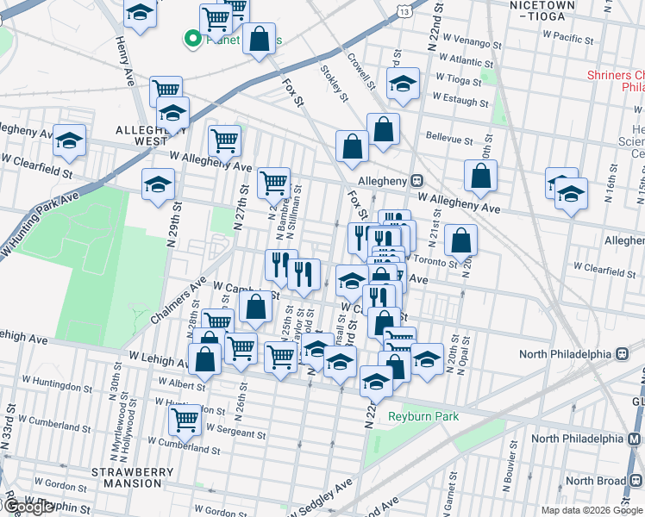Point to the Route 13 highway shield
click(404, 6)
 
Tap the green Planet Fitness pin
click(191, 38)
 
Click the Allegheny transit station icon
click(416, 181)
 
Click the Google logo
click(28, 507)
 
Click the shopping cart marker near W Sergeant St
click(185, 420)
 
